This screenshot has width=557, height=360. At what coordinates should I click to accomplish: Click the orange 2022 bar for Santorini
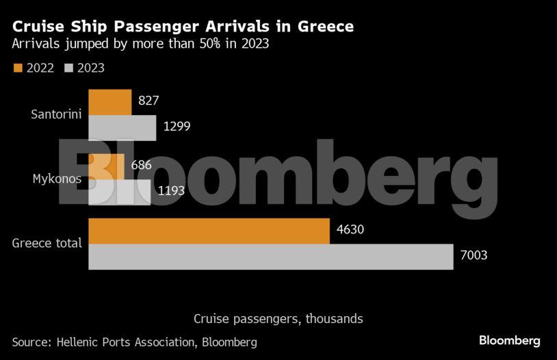(x=110, y=102)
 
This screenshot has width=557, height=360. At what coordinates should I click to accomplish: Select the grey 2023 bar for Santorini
(x=122, y=128)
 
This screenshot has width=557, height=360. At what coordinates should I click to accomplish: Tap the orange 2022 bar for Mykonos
(x=107, y=166)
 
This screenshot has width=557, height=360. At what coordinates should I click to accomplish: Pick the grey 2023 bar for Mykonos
(x=120, y=192)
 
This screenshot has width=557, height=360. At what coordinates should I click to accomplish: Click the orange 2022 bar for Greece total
(x=209, y=231)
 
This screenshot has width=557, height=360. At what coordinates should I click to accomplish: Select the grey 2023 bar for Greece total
(x=271, y=257)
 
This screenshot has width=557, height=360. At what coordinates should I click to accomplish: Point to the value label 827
(x=148, y=101)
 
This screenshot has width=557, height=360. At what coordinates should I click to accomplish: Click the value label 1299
(x=177, y=127)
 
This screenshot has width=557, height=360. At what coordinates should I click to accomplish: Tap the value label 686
(x=141, y=165)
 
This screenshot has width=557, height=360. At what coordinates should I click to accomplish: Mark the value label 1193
(x=171, y=191)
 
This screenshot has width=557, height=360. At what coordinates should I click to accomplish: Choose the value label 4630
(x=350, y=230)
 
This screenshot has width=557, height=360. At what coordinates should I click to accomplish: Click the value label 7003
(x=473, y=256)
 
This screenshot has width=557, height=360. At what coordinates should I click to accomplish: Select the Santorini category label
(x=57, y=114)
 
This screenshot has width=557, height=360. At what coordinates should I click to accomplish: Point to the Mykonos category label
(x=57, y=179)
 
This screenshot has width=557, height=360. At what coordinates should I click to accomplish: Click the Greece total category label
(x=47, y=243)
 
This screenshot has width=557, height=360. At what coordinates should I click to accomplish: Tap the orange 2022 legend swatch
(x=18, y=68)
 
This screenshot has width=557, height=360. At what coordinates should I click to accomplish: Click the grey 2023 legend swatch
(x=68, y=68)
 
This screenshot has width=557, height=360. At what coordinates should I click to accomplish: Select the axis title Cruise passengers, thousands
(x=278, y=319)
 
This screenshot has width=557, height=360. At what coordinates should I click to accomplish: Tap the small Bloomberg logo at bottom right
(x=509, y=340)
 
